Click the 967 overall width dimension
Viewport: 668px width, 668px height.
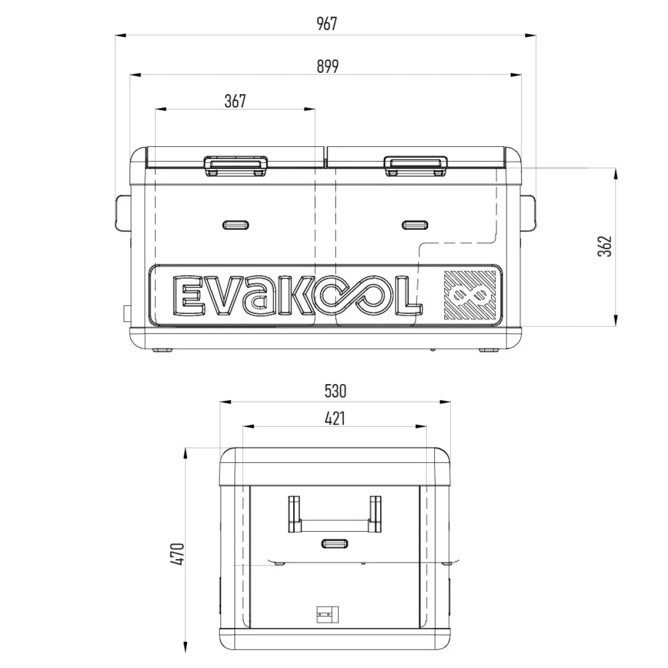pyautogui.click(x=327, y=24)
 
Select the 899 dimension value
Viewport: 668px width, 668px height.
pyautogui.click(x=327, y=66)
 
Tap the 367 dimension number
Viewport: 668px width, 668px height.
pyautogui.click(x=235, y=101)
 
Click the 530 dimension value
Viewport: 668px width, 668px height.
pyautogui.click(x=335, y=391)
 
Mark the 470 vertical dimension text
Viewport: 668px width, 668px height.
pyautogui.click(x=178, y=554)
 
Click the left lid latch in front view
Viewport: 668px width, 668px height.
pyautogui.click(x=235, y=165)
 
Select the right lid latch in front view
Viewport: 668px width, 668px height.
pyautogui.click(x=415, y=165)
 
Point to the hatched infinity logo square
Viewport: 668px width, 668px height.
pyautogui.click(x=470, y=295)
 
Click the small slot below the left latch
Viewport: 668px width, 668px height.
pyautogui.click(x=235, y=225)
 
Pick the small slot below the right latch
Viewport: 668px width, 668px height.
pyautogui.click(x=415, y=225)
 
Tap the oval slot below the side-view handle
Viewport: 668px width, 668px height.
pyautogui.click(x=335, y=543)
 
